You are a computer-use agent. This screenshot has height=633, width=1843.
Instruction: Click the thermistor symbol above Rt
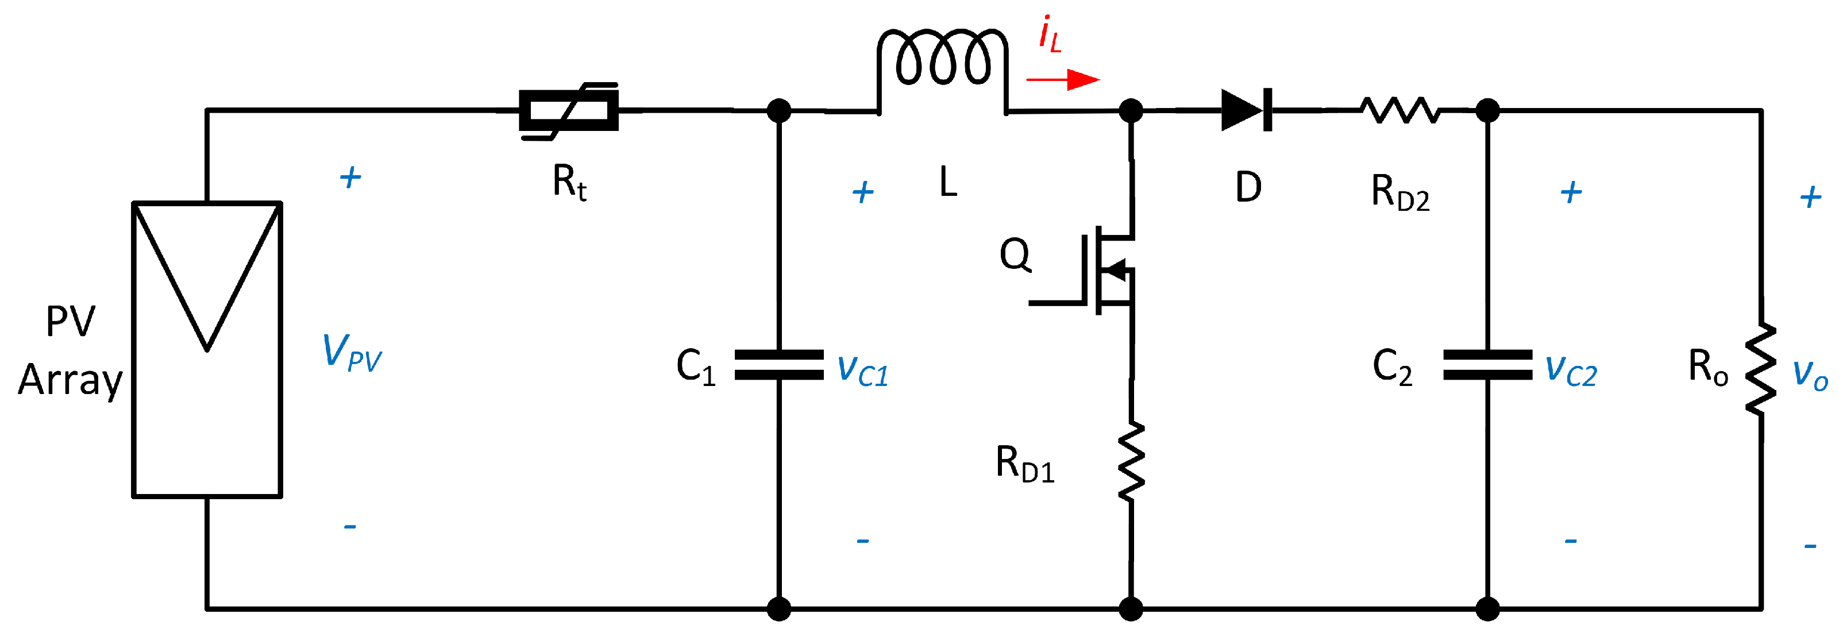[569, 110]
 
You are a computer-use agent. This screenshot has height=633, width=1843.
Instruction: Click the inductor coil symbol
[942, 57]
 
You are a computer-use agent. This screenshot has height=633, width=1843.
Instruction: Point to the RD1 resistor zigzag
[1131, 462]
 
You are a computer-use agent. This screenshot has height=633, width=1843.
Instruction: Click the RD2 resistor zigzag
[1399, 110]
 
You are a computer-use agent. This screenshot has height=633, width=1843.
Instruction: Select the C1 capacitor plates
[779, 365]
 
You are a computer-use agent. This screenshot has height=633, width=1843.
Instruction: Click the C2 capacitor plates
[1487, 365]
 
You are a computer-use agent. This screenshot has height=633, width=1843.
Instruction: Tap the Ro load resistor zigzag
[1761, 368]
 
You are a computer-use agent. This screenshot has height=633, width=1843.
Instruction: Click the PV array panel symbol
[207, 349]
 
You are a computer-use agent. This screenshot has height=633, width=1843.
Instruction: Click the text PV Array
[70, 350]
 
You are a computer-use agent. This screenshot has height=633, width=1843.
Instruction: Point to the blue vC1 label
[862, 370]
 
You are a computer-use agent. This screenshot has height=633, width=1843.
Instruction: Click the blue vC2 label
[1571, 370]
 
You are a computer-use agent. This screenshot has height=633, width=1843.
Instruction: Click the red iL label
[1050, 34]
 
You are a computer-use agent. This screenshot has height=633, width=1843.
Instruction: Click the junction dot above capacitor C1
[779, 111]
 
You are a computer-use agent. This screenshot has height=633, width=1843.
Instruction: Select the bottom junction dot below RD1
[1131, 609]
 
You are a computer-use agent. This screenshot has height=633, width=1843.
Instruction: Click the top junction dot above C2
[1487, 111]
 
